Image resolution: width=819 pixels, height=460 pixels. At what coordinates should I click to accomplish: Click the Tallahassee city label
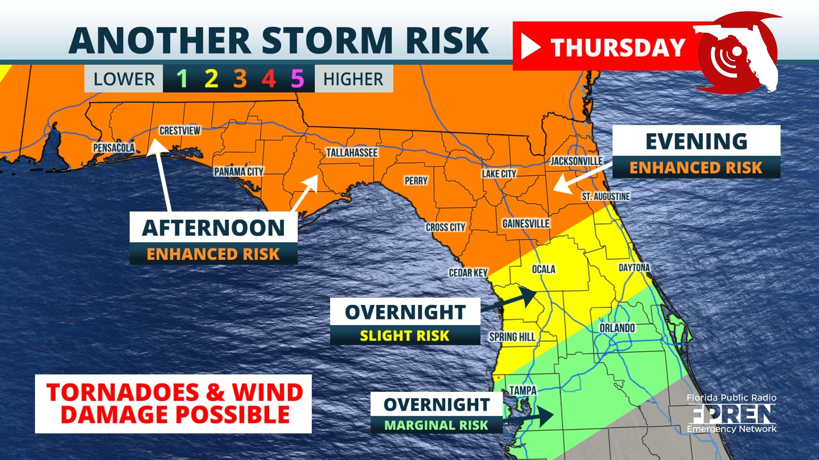pos(351,152)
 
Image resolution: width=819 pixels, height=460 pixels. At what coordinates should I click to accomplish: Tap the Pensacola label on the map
pos(114,148)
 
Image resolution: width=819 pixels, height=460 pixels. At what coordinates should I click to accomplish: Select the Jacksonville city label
pos(576,161)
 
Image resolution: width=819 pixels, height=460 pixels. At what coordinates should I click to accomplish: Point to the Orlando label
pos(617,328)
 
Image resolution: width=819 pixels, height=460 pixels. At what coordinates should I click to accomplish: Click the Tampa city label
pos(523,390)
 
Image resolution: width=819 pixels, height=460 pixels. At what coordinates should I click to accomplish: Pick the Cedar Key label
pos(468,273)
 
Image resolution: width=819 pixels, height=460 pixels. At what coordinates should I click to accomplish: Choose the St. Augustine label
pos(606,196)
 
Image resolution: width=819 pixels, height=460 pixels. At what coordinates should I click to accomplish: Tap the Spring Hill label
pos(512,337)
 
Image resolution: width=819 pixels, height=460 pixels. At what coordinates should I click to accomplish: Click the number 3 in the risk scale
pos(240,79)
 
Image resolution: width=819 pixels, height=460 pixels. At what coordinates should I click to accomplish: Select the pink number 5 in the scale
pos(297,79)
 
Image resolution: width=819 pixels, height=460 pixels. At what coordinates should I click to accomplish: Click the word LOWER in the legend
pos(124,79)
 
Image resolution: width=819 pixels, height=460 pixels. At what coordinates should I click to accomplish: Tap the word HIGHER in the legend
pos(353,79)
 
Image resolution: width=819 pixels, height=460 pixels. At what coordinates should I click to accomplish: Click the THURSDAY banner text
pos(618,47)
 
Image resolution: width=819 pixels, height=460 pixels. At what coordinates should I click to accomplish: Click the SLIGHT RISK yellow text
pos(404,336)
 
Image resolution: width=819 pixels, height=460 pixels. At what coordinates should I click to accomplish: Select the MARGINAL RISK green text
pos(436,425)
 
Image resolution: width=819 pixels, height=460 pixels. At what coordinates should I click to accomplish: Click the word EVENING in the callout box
pos(696,141)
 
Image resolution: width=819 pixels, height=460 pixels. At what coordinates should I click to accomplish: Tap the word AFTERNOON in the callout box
pos(213,228)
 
